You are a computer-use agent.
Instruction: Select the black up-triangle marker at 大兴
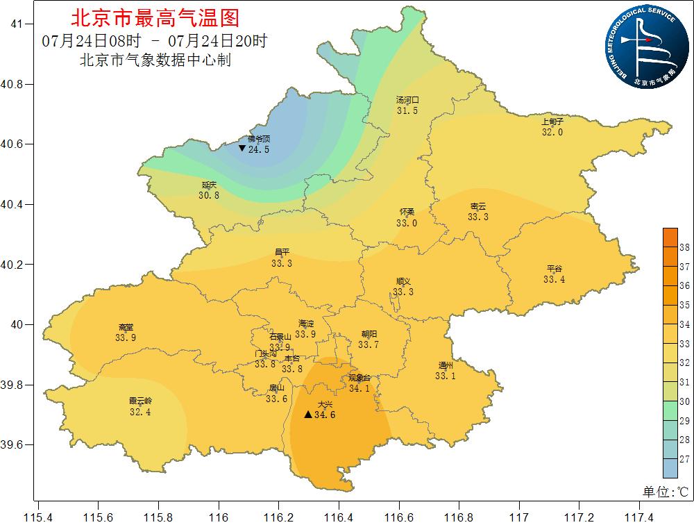[x=308, y=415]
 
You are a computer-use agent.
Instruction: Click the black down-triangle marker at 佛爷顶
[x=242, y=149]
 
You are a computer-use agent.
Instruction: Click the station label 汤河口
[x=407, y=100]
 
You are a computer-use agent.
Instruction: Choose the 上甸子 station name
[x=552, y=122]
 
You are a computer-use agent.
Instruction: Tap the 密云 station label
[x=478, y=206]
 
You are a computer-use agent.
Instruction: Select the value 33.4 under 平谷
[x=554, y=279]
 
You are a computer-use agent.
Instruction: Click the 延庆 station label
[x=209, y=185]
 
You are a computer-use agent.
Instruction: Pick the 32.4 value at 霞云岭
[x=140, y=412]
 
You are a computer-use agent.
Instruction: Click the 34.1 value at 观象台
[x=359, y=388]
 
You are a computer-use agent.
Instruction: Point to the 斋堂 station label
[x=126, y=327]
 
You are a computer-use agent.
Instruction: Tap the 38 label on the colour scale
[x=684, y=247]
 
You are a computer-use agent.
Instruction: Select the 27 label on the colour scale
[x=684, y=459]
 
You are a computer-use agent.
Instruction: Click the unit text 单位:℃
[x=665, y=492]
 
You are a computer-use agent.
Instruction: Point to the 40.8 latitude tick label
[x=12, y=84]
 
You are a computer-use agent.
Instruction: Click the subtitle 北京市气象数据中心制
[x=155, y=60]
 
